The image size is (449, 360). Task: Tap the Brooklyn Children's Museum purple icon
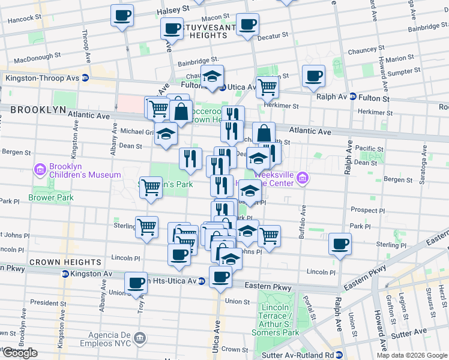[40, 168]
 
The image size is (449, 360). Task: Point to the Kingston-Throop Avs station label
[42, 78]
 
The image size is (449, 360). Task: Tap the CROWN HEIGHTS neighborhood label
[65, 262]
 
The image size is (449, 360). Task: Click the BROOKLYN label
[38, 110]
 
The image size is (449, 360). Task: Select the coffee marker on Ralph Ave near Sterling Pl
[340, 243]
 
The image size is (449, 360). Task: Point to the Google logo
[19, 353]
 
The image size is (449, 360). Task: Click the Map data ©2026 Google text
[412, 355]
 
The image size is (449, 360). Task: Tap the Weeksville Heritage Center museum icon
[303, 178]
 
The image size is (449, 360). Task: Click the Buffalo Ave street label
[304, 217]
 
